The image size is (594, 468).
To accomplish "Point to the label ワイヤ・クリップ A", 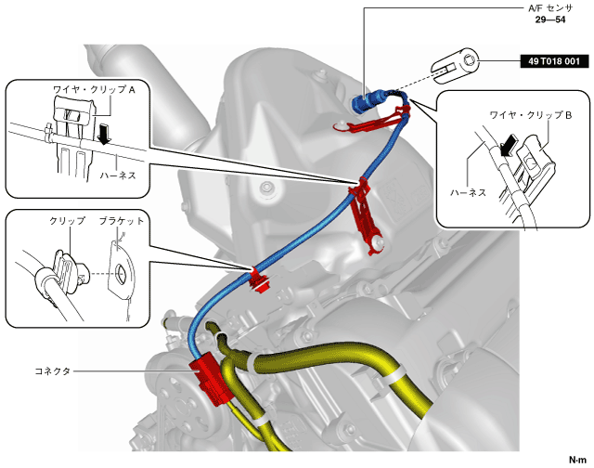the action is point(94,92).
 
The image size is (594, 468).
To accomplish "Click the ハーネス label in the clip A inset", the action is point(119,173).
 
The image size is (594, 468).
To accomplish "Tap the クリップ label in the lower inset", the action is point(66,222).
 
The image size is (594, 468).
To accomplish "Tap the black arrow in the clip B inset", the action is point(508,146).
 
